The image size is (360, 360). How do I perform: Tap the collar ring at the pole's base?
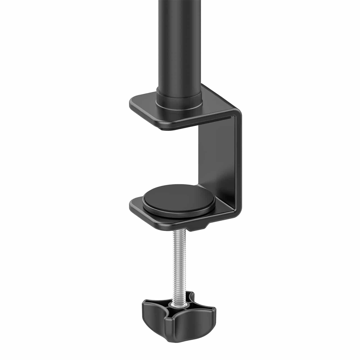click(x=179, y=100)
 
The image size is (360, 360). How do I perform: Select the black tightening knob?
click(x=179, y=316)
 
